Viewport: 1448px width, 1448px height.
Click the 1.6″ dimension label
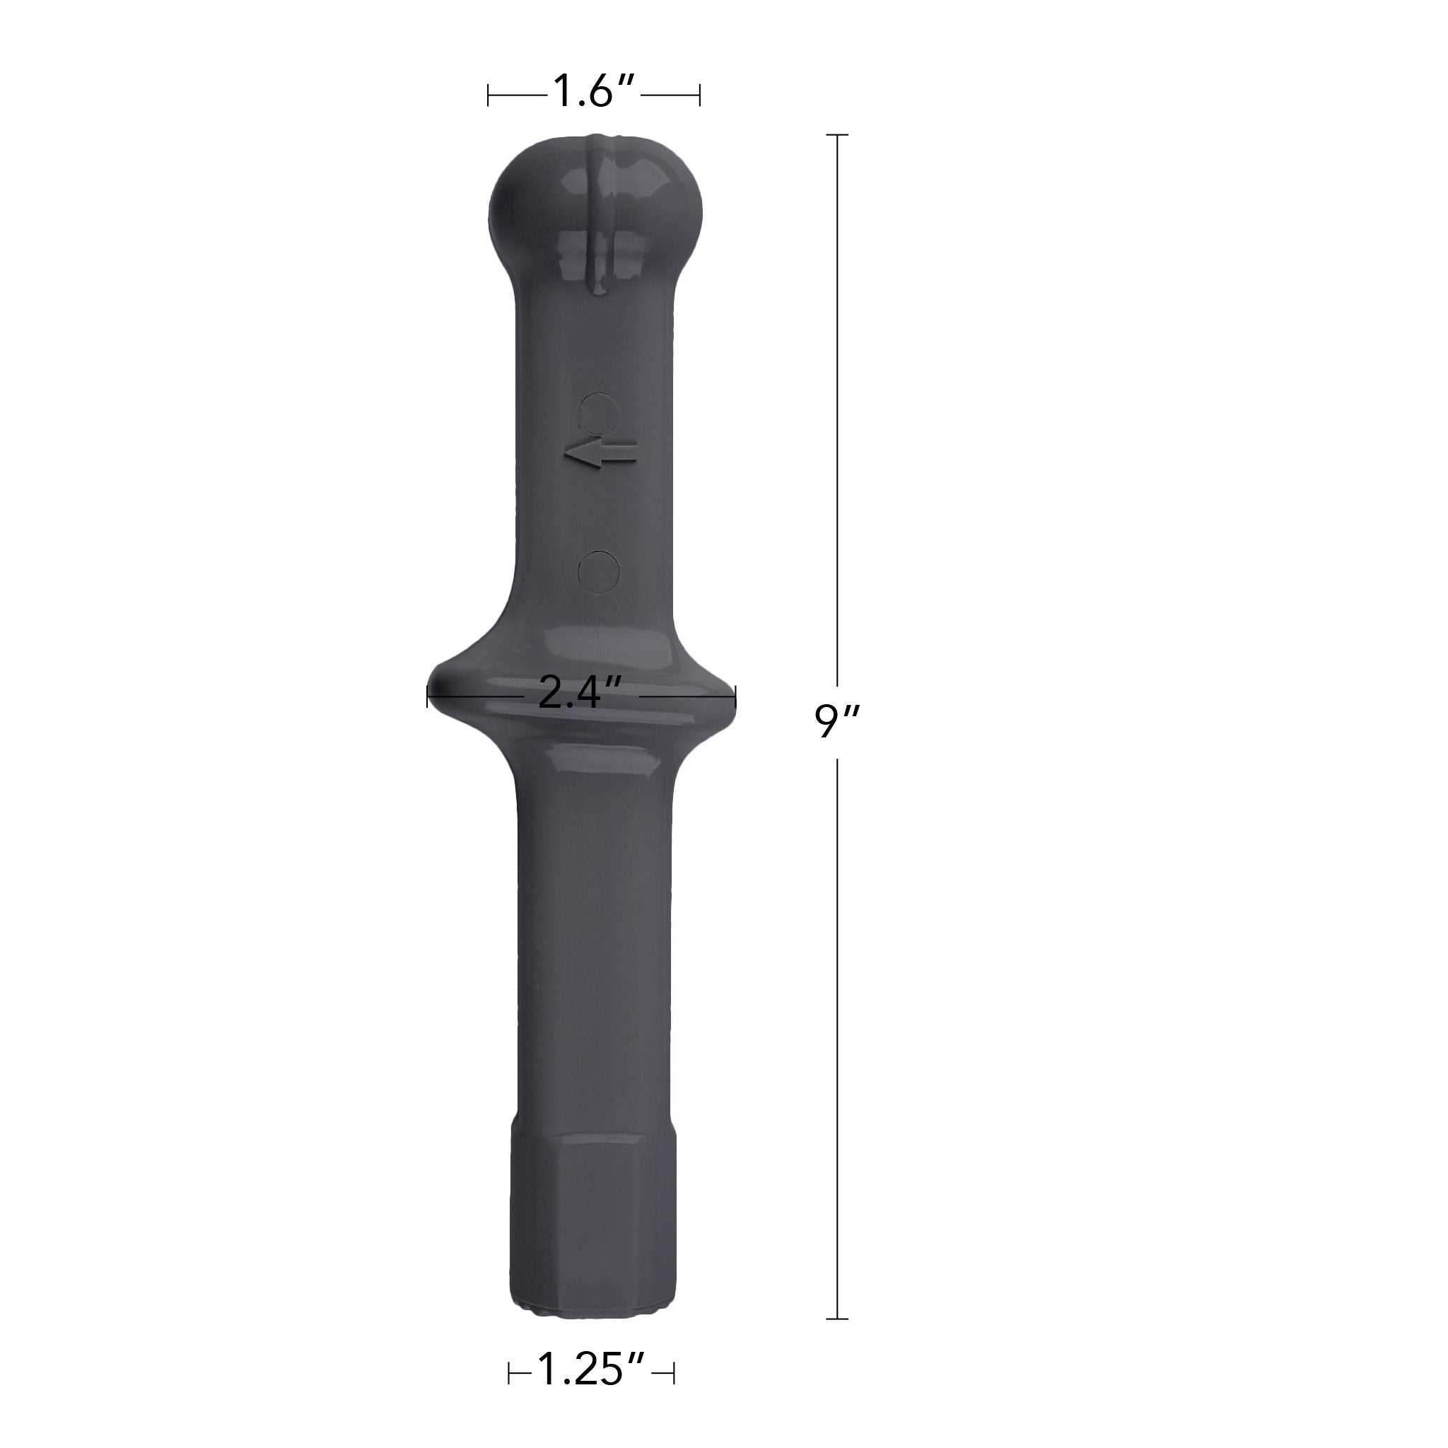(x=594, y=92)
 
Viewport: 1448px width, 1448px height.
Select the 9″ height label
(x=838, y=721)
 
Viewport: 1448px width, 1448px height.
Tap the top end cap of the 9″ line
(x=837, y=135)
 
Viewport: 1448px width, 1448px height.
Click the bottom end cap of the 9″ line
(x=837, y=1319)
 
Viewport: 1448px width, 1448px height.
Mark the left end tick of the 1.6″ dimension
(x=489, y=95)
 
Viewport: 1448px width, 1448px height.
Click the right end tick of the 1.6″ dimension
(x=699, y=95)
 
